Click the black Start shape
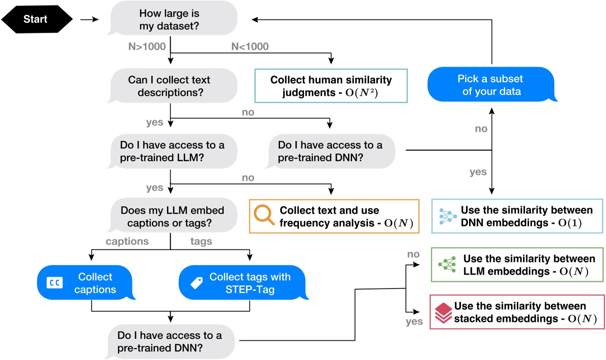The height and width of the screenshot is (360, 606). point(36,20)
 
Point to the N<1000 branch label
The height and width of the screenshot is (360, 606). point(250,46)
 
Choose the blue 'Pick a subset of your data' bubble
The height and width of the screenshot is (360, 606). point(490,85)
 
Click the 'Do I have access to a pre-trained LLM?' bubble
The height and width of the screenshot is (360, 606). point(172,151)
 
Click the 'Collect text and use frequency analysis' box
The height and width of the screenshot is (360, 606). point(334,216)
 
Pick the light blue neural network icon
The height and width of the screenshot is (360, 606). point(446,216)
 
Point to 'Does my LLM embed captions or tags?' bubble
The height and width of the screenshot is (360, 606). point(172,216)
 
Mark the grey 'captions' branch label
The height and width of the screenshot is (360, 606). point(127,242)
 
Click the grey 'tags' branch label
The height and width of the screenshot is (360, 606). point(201,242)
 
